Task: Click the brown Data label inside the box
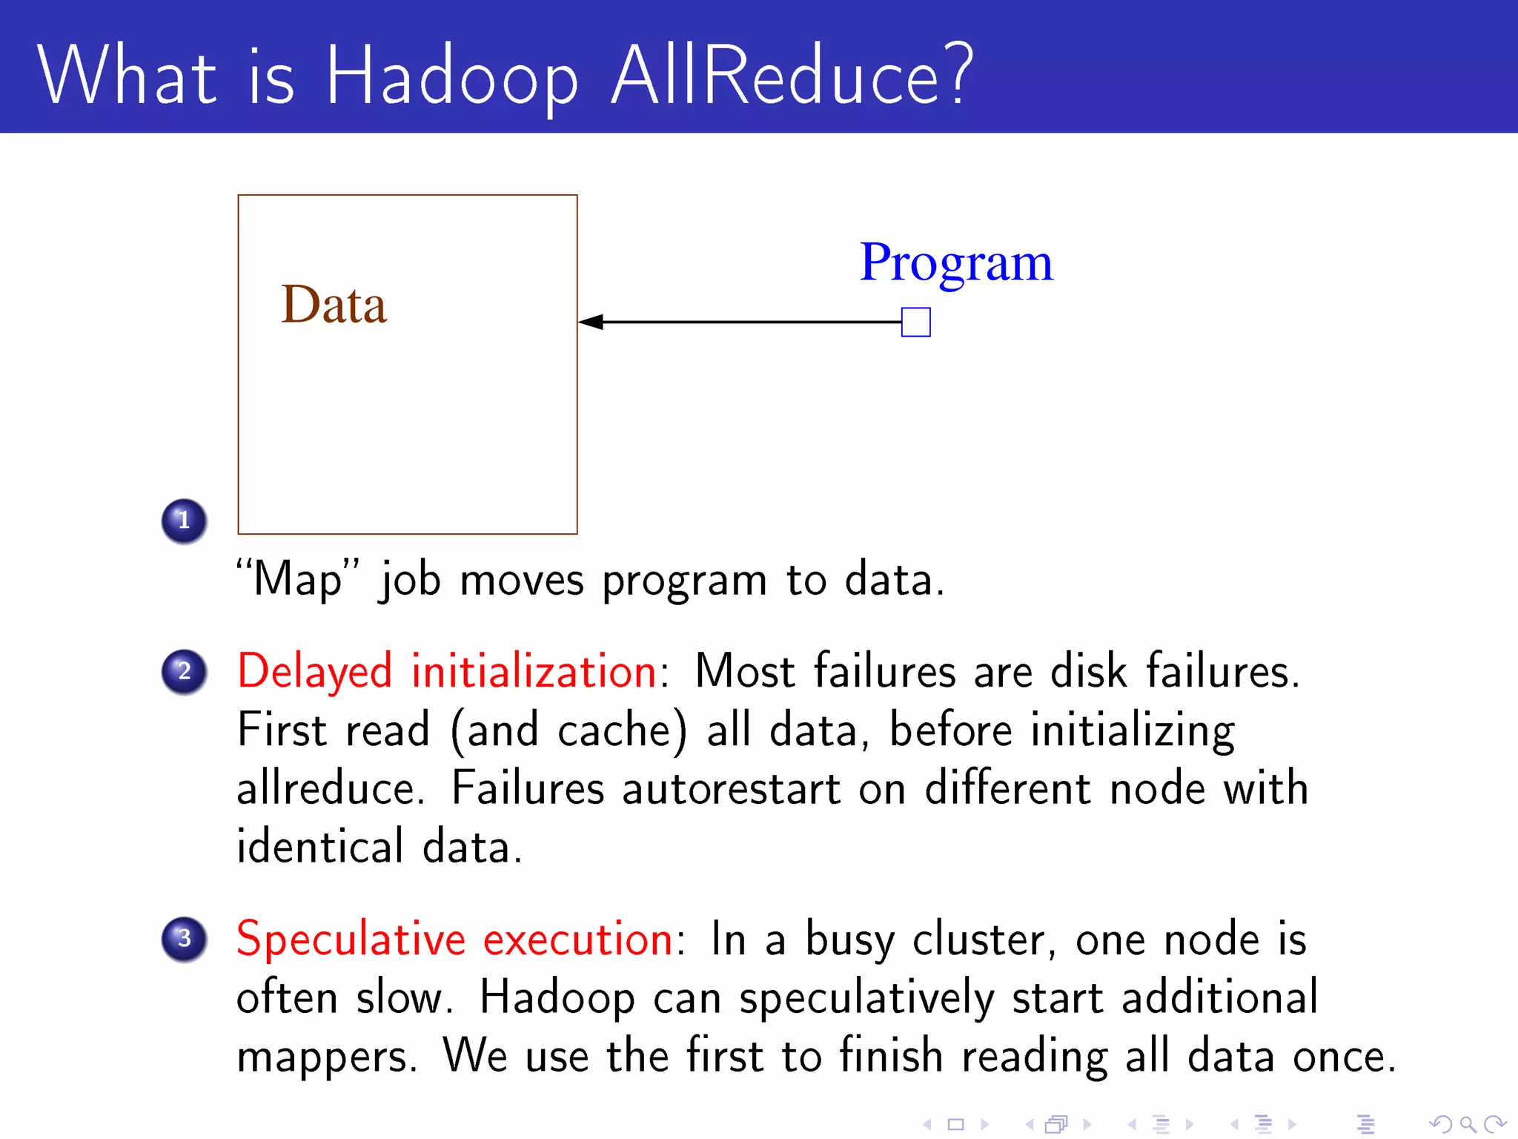point(334,305)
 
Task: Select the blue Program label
point(955,263)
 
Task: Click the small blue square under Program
point(915,323)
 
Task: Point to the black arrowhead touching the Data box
point(591,322)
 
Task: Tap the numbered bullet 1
point(184,521)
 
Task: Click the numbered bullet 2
point(184,671)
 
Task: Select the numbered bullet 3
point(184,939)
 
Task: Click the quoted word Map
point(297,579)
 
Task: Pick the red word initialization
point(534,671)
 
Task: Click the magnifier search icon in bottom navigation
point(1468,1125)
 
